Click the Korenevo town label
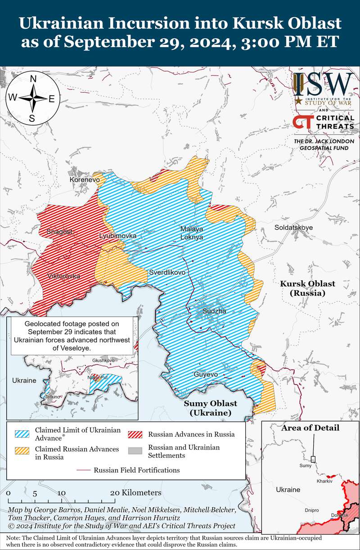point(85,179)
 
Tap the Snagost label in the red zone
point(59,232)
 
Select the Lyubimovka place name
point(118,236)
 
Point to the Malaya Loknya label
point(192,233)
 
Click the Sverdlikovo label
point(167,272)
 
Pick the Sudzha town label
point(214,311)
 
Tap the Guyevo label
point(206,374)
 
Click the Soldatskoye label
point(293,228)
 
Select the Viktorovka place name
point(63,276)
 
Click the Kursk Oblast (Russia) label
point(308,288)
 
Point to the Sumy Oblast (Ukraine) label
point(210,408)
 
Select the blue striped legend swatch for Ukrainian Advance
point(22,434)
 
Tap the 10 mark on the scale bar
point(62,493)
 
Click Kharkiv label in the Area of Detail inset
point(324,481)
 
